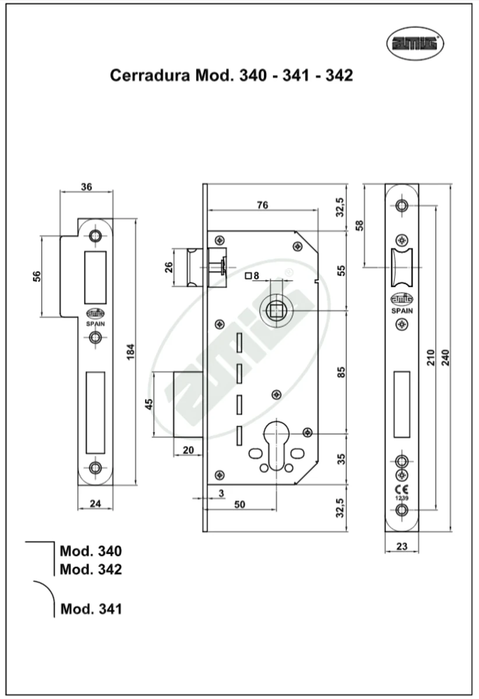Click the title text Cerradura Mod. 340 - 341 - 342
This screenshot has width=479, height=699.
231,75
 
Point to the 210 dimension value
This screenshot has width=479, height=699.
431,356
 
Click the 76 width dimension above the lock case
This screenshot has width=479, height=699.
262,204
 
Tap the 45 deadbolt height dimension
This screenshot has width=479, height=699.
148,404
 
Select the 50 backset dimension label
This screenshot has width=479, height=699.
239,504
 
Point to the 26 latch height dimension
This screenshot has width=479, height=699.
169,267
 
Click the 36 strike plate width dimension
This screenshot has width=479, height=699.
86,187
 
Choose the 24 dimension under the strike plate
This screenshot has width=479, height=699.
96,503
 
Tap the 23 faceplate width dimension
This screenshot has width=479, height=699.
401,546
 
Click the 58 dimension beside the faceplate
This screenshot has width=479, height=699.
359,224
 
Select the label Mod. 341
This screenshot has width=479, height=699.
91,609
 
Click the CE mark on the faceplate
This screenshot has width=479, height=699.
401,488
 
